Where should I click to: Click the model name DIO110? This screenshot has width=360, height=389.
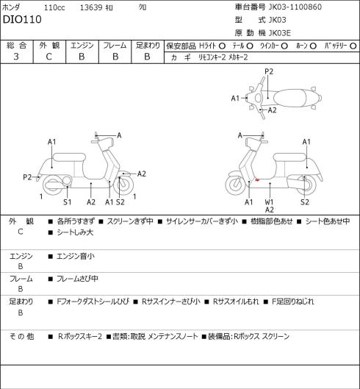click(22, 19)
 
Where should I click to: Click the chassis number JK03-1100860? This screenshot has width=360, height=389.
click(295, 7)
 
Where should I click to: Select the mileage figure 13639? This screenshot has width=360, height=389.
click(91, 7)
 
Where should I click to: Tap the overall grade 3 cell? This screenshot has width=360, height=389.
click(16, 57)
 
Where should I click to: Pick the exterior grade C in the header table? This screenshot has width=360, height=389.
click(48, 57)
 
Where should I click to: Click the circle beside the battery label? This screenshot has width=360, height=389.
click(353, 46)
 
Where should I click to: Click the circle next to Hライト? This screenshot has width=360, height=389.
click(222, 46)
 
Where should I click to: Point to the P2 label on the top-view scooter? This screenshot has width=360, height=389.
click(269, 71)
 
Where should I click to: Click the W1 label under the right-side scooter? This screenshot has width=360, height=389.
click(269, 202)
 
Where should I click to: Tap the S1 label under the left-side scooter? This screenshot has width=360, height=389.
click(67, 202)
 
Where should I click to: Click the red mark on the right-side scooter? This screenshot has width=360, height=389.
click(257, 179)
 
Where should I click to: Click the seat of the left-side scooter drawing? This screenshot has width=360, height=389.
click(69, 158)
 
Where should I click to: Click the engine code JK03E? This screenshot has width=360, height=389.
click(280, 33)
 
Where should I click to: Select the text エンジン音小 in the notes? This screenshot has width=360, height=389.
click(76, 256)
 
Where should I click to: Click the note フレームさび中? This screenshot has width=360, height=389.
click(77, 279)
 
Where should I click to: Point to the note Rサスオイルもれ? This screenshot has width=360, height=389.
click(236, 301)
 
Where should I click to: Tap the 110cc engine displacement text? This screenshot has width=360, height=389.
click(54, 7)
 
